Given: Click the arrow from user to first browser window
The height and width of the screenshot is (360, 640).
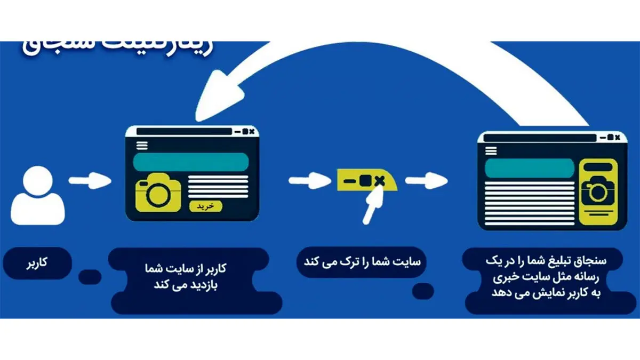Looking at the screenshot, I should [x=90, y=181].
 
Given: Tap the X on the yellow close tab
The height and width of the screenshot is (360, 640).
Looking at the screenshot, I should [x=379, y=181].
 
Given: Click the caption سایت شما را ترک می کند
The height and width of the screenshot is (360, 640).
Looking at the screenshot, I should [x=362, y=262].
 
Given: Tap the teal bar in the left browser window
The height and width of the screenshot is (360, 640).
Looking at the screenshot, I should [x=191, y=162].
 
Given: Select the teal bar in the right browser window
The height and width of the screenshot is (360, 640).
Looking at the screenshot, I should [x=530, y=167].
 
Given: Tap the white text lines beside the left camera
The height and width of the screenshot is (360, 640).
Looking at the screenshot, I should [x=218, y=186].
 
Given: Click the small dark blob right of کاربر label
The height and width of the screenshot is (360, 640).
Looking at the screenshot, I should [x=90, y=277].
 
